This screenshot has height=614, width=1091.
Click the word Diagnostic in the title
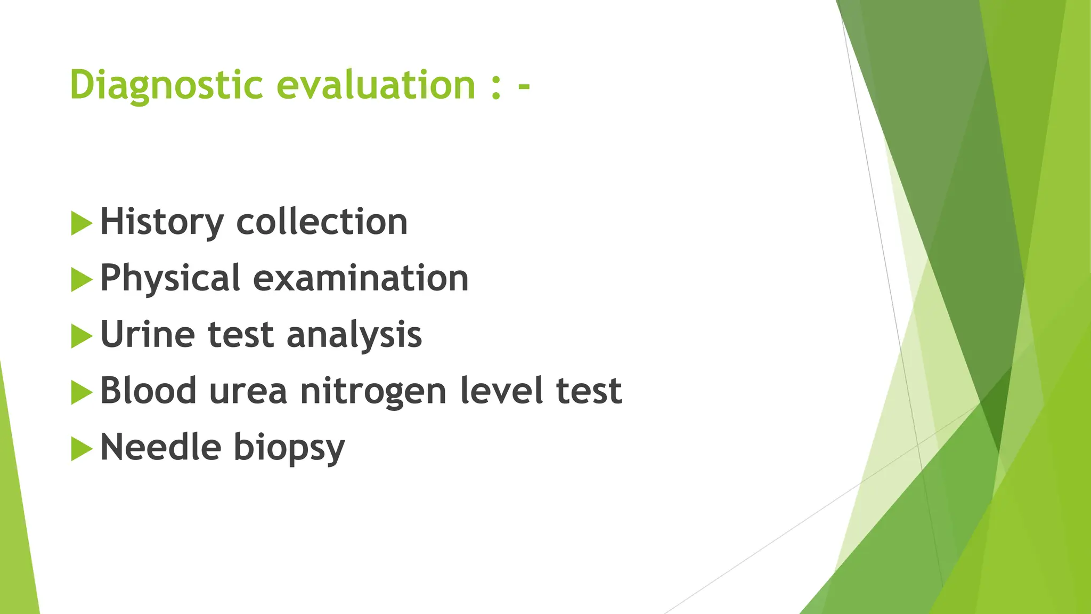click(166, 85)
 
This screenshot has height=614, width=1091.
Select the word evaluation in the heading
click(376, 85)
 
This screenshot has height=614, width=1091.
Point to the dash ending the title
click(524, 87)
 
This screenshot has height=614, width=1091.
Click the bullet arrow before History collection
click(81, 223)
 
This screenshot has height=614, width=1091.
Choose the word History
click(162, 222)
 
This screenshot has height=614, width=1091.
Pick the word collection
click(322, 222)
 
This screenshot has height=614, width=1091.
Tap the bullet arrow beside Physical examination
click(81, 279)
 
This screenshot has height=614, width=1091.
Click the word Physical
click(170, 278)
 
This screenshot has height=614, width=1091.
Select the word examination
click(361, 278)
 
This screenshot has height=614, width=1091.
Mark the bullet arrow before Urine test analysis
click(81, 336)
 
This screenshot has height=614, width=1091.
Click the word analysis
click(354, 335)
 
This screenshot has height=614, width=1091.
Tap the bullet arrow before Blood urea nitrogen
click(81, 392)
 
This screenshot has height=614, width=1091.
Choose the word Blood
click(149, 391)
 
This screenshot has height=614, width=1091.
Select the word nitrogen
click(373, 392)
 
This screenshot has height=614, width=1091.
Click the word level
click(501, 391)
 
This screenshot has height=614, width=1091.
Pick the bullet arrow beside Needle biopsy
click(81, 449)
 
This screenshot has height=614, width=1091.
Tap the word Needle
click(160, 447)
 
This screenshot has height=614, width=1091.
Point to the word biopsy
click(289, 448)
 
